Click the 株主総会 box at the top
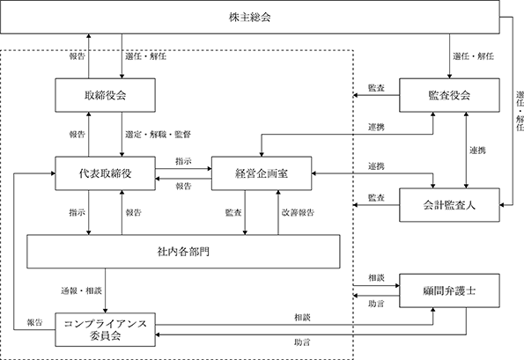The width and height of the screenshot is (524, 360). click(250, 17)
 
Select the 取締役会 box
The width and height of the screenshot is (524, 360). click(106, 95)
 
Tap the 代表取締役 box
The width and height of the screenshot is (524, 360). click(106, 173)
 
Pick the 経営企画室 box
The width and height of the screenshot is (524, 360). click(262, 173)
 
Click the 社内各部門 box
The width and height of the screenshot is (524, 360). click(183, 252)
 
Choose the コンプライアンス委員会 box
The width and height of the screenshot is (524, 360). click(106, 329)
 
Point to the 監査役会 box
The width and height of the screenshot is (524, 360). click(449, 95)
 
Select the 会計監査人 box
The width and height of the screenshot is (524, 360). click(449, 205)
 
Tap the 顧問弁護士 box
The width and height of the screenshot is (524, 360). click(449, 290)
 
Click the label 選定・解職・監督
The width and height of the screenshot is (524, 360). click(158, 135)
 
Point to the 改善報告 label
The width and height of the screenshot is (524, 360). click(298, 212)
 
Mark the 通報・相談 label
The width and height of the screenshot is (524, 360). click(81, 290)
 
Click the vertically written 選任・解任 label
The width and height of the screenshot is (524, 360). click(520, 111)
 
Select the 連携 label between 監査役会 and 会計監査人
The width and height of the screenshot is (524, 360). click(477, 151)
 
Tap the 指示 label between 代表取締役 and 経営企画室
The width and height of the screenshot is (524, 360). click(183, 161)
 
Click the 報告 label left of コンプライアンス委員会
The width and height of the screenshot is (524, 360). click(34, 322)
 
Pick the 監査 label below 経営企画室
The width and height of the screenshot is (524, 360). click(233, 212)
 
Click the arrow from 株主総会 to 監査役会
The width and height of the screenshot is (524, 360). click(449, 56)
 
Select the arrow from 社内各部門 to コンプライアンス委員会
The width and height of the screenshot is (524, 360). click(106, 290)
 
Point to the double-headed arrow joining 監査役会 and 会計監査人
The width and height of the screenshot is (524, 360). click(466, 150)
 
